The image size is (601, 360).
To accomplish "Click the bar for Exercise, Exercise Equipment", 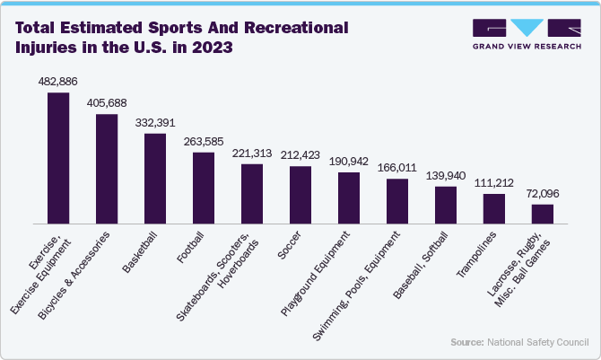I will tap(58, 158).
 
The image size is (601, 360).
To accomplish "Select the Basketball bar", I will tap(155, 179).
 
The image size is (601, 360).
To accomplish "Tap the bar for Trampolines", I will tap(494, 208).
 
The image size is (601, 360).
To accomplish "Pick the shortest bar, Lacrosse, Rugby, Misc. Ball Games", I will tap(543, 214).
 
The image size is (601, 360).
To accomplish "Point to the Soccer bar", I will tap(300, 195).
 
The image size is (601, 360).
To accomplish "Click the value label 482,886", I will tap(57, 82).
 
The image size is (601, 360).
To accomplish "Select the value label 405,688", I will tap(107, 102).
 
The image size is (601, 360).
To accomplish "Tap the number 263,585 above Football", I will tap(204, 141).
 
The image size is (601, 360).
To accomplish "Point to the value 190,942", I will tap(349, 161).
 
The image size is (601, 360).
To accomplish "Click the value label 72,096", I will tap(543, 193).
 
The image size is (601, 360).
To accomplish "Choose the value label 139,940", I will tap(446, 176).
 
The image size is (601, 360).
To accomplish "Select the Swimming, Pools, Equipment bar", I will tap(397, 201).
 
